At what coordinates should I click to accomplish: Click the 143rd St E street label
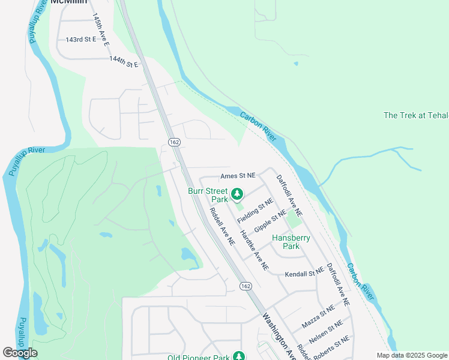(x=80, y=40)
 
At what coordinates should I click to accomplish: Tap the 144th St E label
(x=124, y=61)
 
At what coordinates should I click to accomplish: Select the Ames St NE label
(x=238, y=176)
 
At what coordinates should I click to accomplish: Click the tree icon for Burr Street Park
(x=238, y=194)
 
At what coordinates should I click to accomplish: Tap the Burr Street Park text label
(x=208, y=194)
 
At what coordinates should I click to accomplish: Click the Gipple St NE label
(x=270, y=222)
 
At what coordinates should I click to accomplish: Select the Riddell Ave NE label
(x=221, y=226)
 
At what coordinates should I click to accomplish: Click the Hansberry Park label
(x=291, y=242)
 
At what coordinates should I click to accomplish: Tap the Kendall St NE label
(x=308, y=273)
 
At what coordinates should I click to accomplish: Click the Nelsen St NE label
(x=326, y=331)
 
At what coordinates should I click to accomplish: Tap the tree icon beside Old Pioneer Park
(x=239, y=356)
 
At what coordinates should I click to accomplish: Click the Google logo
(x=20, y=353)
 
